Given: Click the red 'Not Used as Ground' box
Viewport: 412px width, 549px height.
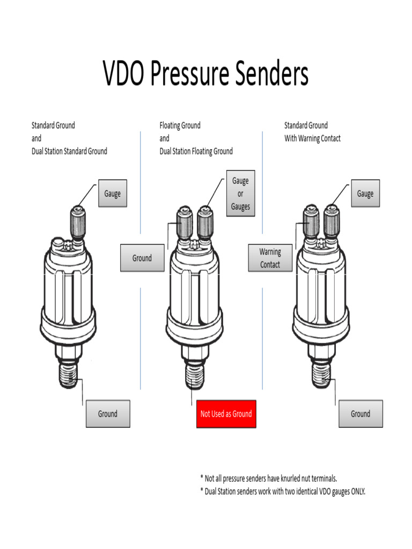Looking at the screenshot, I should pos(226,414).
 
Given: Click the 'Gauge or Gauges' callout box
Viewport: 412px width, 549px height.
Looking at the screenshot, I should pos(240,194).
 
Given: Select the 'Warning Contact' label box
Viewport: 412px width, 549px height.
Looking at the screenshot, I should pos(270,258).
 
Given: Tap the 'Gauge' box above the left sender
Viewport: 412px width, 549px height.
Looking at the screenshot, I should pos(112,194).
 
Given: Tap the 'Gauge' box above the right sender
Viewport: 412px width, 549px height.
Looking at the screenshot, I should pos(365,194).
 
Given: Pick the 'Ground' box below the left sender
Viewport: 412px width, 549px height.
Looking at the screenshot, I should pos(108,414).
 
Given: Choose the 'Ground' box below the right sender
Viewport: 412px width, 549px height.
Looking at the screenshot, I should pos(360,414).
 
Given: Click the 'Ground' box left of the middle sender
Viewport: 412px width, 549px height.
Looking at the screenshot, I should pos(142,258).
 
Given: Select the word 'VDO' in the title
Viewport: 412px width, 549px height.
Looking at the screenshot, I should pos(124,75).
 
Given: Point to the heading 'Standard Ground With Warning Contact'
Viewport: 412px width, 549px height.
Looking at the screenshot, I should pos(312,132).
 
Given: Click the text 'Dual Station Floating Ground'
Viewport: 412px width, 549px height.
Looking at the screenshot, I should pos(196,151).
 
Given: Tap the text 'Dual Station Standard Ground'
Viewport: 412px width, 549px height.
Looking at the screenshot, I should pos(69,151).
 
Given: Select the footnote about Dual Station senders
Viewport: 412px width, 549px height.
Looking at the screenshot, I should pos(282,491).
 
